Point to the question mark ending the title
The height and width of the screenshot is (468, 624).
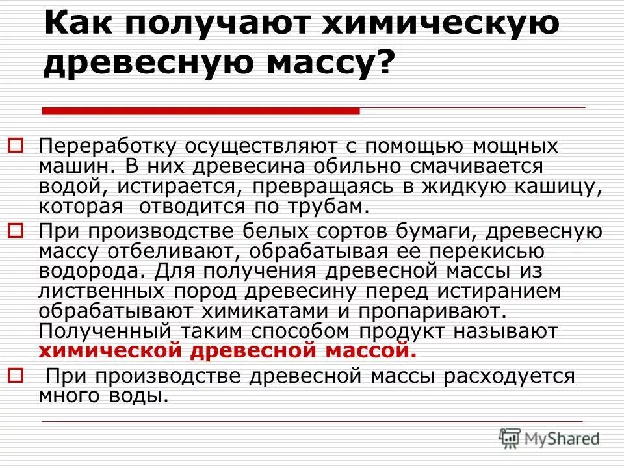pyautogui.click(x=385, y=66)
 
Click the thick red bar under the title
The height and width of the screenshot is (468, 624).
pyautogui.click(x=201, y=111)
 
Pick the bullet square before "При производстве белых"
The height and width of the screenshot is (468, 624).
pyautogui.click(x=16, y=230)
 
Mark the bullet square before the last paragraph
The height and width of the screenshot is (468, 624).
pyautogui.click(x=16, y=374)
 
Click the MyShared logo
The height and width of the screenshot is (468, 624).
pyautogui.click(x=549, y=438)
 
